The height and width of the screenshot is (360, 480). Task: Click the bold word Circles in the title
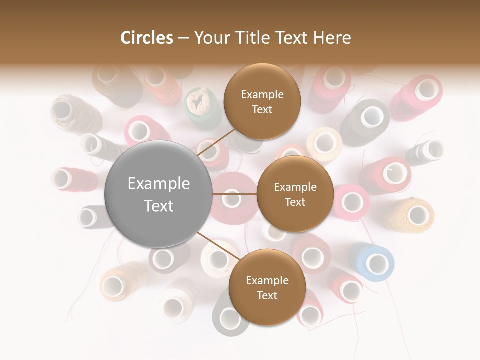(146, 38)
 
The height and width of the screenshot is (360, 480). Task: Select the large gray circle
(159, 194)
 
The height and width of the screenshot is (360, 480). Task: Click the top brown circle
(262, 102)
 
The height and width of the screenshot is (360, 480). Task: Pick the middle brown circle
(295, 194)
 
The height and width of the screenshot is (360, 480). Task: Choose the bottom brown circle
(267, 287)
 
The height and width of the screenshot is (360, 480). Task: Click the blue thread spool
(373, 262)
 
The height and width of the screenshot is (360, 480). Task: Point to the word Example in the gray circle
(159, 184)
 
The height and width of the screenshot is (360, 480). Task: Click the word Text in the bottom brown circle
(267, 295)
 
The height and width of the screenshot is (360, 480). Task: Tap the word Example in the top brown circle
(262, 94)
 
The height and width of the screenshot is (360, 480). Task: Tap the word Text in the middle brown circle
(295, 202)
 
